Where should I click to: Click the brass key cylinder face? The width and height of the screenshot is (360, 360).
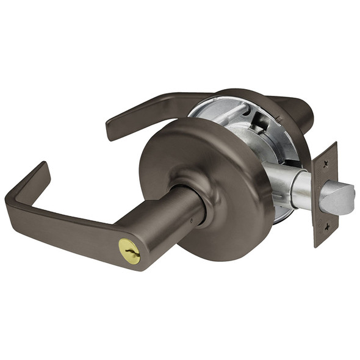pos(129,251)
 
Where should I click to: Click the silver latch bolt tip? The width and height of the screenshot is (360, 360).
pos(339,198)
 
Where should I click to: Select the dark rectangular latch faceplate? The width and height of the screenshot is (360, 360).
pos(325,194)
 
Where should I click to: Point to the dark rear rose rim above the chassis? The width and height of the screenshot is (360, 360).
pos(244,95)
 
